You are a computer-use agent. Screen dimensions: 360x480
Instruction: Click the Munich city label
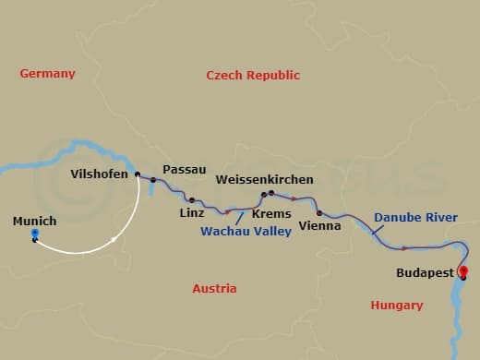(35, 221)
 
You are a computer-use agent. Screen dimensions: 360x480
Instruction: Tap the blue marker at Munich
(34, 235)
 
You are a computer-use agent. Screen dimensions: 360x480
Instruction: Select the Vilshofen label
(99, 173)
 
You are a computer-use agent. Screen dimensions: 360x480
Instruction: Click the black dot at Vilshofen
(138, 174)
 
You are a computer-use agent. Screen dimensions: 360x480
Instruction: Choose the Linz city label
(193, 213)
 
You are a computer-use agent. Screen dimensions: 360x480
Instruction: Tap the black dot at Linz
(191, 199)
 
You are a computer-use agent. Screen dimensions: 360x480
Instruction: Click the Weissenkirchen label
(264, 179)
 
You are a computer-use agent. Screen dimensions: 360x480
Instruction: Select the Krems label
(270, 213)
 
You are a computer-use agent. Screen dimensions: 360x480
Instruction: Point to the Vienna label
(321, 225)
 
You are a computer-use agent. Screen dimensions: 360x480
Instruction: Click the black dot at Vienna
(318, 212)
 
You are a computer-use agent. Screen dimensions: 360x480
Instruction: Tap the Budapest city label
(424, 273)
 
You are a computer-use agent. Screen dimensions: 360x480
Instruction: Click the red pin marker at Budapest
(462, 271)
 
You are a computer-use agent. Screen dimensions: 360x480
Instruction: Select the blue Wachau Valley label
(246, 232)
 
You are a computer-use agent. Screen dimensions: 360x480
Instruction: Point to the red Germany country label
(47, 74)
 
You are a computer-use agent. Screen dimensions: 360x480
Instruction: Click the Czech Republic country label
(253, 76)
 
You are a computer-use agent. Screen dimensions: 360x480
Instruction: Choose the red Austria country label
(214, 289)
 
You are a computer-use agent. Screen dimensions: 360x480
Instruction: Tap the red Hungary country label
(396, 305)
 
